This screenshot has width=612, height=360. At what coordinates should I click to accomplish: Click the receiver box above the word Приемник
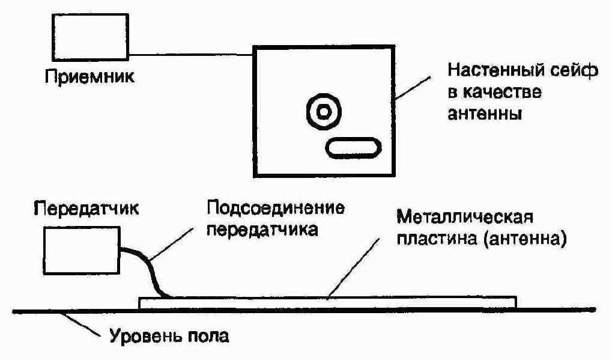coord(90,37)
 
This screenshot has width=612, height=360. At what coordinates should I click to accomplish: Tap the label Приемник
coord(89,77)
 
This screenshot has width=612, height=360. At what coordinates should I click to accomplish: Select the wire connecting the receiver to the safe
coord(191,55)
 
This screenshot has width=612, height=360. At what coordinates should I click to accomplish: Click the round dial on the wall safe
coord(324,112)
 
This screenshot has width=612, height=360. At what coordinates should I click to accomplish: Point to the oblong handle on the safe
coord(353,148)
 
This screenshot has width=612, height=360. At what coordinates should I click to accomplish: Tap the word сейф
coord(573,71)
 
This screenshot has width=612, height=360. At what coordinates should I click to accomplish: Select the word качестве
coord(502,93)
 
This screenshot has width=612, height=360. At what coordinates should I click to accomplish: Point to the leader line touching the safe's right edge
coord(413,88)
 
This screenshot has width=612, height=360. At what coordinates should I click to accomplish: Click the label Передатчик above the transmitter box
coord(86,208)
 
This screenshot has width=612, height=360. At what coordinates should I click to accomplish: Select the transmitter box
coord(81,250)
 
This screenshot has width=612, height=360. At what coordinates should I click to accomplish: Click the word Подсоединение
coord(276,208)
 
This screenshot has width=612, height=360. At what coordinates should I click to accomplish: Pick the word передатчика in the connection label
coord(262,230)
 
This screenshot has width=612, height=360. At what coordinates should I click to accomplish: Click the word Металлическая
coord(465,217)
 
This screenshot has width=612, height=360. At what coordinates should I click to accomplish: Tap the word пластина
coord(437,238)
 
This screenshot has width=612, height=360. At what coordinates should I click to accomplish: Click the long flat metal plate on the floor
coord(327,302)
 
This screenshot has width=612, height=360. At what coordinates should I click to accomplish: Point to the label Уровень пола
coord(169,335)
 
